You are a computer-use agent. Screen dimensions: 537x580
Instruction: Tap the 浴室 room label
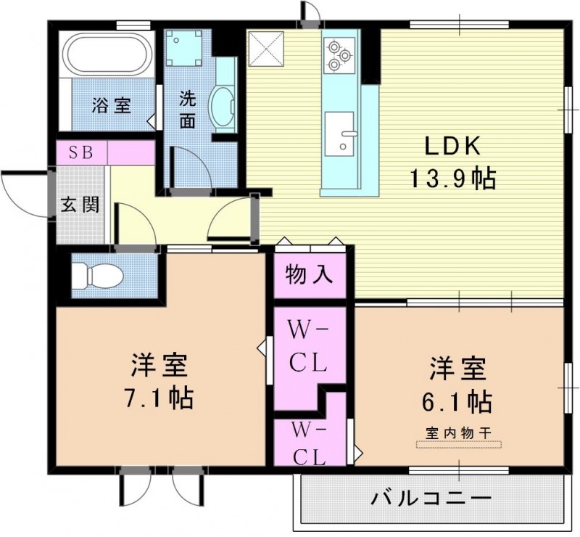coord(111,105)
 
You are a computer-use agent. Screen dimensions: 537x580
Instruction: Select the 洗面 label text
coord(188,109)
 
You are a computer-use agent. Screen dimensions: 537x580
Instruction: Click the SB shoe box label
coord(81,153)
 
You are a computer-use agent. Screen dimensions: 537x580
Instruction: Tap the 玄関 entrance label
coord(80,205)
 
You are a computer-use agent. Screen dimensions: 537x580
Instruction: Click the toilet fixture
coord(101,275)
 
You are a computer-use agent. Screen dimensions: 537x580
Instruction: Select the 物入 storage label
coord(310,274)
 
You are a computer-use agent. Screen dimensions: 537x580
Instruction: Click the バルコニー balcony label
coord(432,499)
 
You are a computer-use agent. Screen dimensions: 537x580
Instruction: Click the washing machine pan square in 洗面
coord(183,49)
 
